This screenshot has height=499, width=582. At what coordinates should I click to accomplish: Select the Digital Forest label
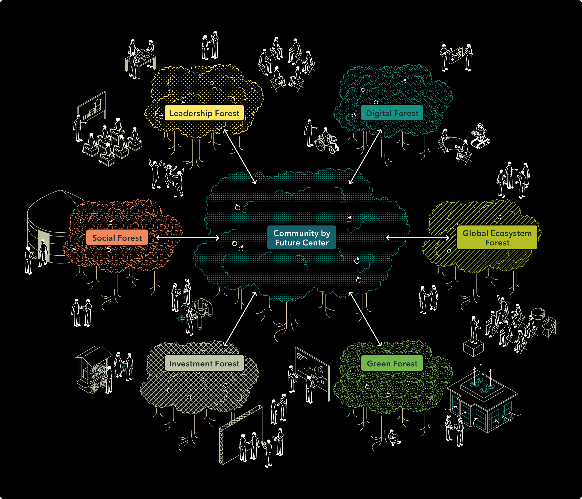(392, 113)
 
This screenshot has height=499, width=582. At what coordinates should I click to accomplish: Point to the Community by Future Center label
(302, 238)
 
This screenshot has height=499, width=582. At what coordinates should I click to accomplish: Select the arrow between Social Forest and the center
(187, 238)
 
